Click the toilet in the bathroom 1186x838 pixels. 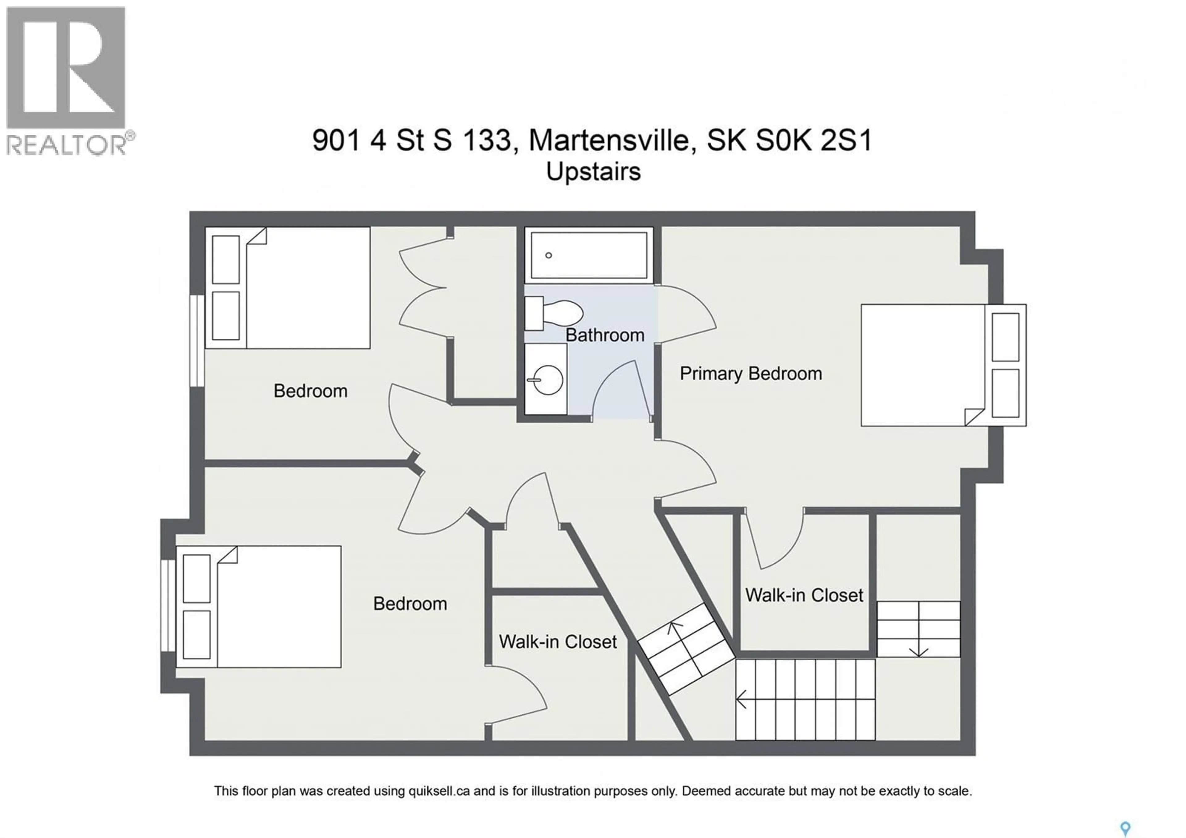[555, 313]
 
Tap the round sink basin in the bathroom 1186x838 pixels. [546, 380]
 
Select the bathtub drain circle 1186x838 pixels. [549, 255]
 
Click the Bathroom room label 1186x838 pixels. [605, 335]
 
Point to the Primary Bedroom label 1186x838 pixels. [751, 374]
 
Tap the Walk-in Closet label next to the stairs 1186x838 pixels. [804, 595]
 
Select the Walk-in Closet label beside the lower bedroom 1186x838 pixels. [558, 642]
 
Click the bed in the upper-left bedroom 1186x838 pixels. [288, 288]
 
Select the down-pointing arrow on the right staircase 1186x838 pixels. [919, 652]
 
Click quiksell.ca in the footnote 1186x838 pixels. [439, 791]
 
